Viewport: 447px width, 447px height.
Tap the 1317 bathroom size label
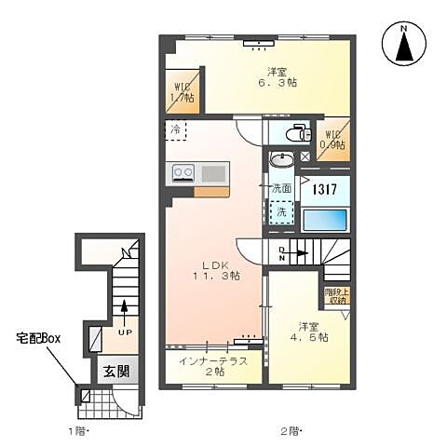click(323, 189)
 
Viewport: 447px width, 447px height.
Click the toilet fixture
click(295, 133)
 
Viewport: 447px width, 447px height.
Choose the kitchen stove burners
click(182, 173)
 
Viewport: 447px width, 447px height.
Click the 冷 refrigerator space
click(175, 130)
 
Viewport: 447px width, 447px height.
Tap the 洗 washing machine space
click(280, 213)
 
